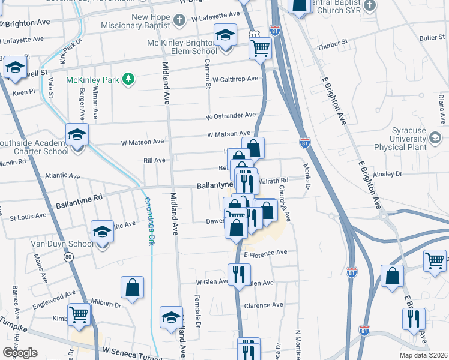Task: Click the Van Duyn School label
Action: (62, 244)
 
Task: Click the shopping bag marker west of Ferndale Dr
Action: (133, 287)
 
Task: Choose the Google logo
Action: (20, 352)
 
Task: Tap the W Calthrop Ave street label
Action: (235, 79)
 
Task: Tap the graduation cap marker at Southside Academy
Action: (77, 134)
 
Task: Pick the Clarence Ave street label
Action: (264, 305)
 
